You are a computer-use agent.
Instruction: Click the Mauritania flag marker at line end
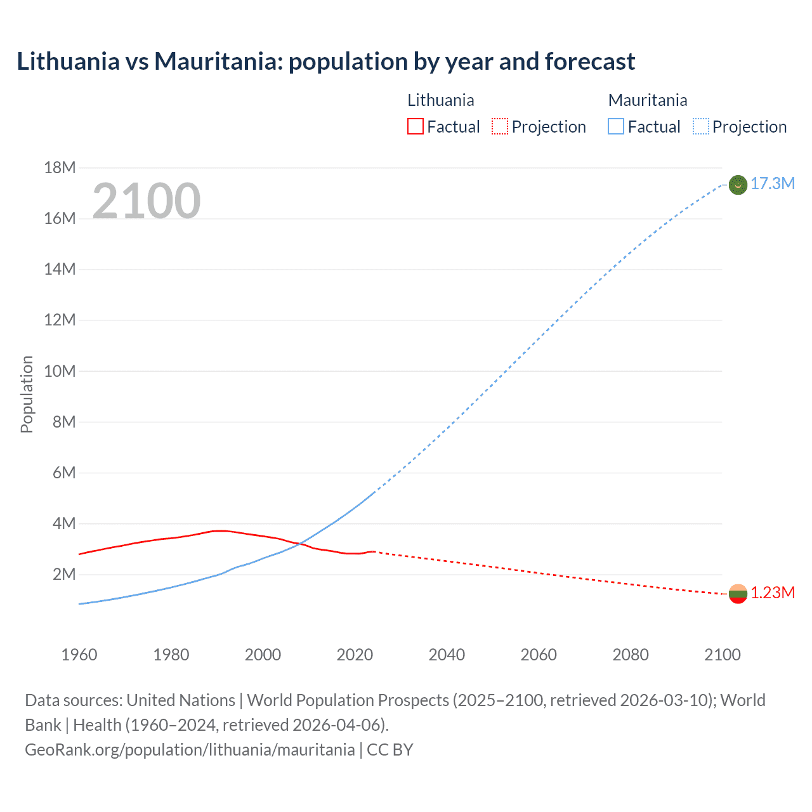pyautogui.click(x=738, y=185)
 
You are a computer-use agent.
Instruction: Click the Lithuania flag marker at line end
pyautogui.click(x=738, y=594)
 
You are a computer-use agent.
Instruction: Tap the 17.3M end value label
pyautogui.click(x=773, y=184)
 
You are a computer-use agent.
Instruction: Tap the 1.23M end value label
pyautogui.click(x=773, y=593)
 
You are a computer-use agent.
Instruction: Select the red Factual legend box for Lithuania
pyautogui.click(x=415, y=127)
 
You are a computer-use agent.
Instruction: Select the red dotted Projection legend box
pyautogui.click(x=500, y=127)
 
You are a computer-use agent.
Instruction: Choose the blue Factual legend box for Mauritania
pyautogui.click(x=616, y=127)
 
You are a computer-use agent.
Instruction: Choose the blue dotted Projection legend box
pyautogui.click(x=701, y=127)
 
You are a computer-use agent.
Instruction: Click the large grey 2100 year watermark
pyautogui.click(x=147, y=201)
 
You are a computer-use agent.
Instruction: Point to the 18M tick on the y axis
pyautogui.click(x=60, y=167)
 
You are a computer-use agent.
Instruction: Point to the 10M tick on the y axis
pyautogui.click(x=60, y=371)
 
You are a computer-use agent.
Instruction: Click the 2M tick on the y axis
pyautogui.click(x=64, y=575)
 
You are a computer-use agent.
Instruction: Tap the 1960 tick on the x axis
pyautogui.click(x=79, y=655)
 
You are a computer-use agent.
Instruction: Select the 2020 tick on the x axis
pyautogui.click(x=355, y=655)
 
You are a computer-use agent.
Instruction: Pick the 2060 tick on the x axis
pyautogui.click(x=539, y=655)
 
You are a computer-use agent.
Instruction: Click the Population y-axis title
pyautogui.click(x=27, y=394)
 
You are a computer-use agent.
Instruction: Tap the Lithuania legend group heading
pyautogui.click(x=440, y=100)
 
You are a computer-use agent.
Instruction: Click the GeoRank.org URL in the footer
pyautogui.click(x=190, y=750)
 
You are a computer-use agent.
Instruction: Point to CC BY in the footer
pyautogui.click(x=390, y=750)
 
